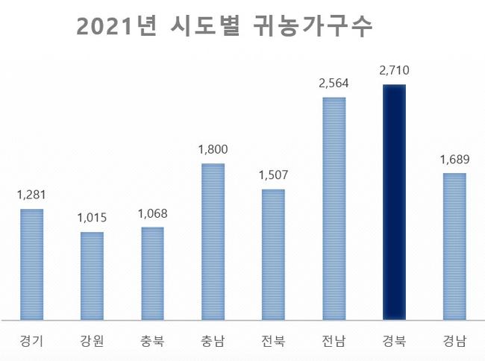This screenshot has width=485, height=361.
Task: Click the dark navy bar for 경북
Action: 394,201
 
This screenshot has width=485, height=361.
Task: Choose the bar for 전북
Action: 273,254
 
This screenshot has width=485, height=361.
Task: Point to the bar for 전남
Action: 334,208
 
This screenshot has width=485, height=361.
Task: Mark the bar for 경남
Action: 454,246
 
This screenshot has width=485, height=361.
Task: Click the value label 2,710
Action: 394,72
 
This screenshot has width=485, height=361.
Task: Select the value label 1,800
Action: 213,150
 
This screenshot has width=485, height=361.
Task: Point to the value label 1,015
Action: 92,219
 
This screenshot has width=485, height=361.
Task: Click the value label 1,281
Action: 31,195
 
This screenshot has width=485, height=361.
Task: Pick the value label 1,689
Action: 454,160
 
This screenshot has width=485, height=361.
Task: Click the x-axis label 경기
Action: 31,342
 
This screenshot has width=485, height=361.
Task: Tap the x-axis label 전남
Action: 334,342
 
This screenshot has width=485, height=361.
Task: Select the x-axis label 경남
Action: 454,342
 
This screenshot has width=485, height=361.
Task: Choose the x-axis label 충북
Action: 152,342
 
